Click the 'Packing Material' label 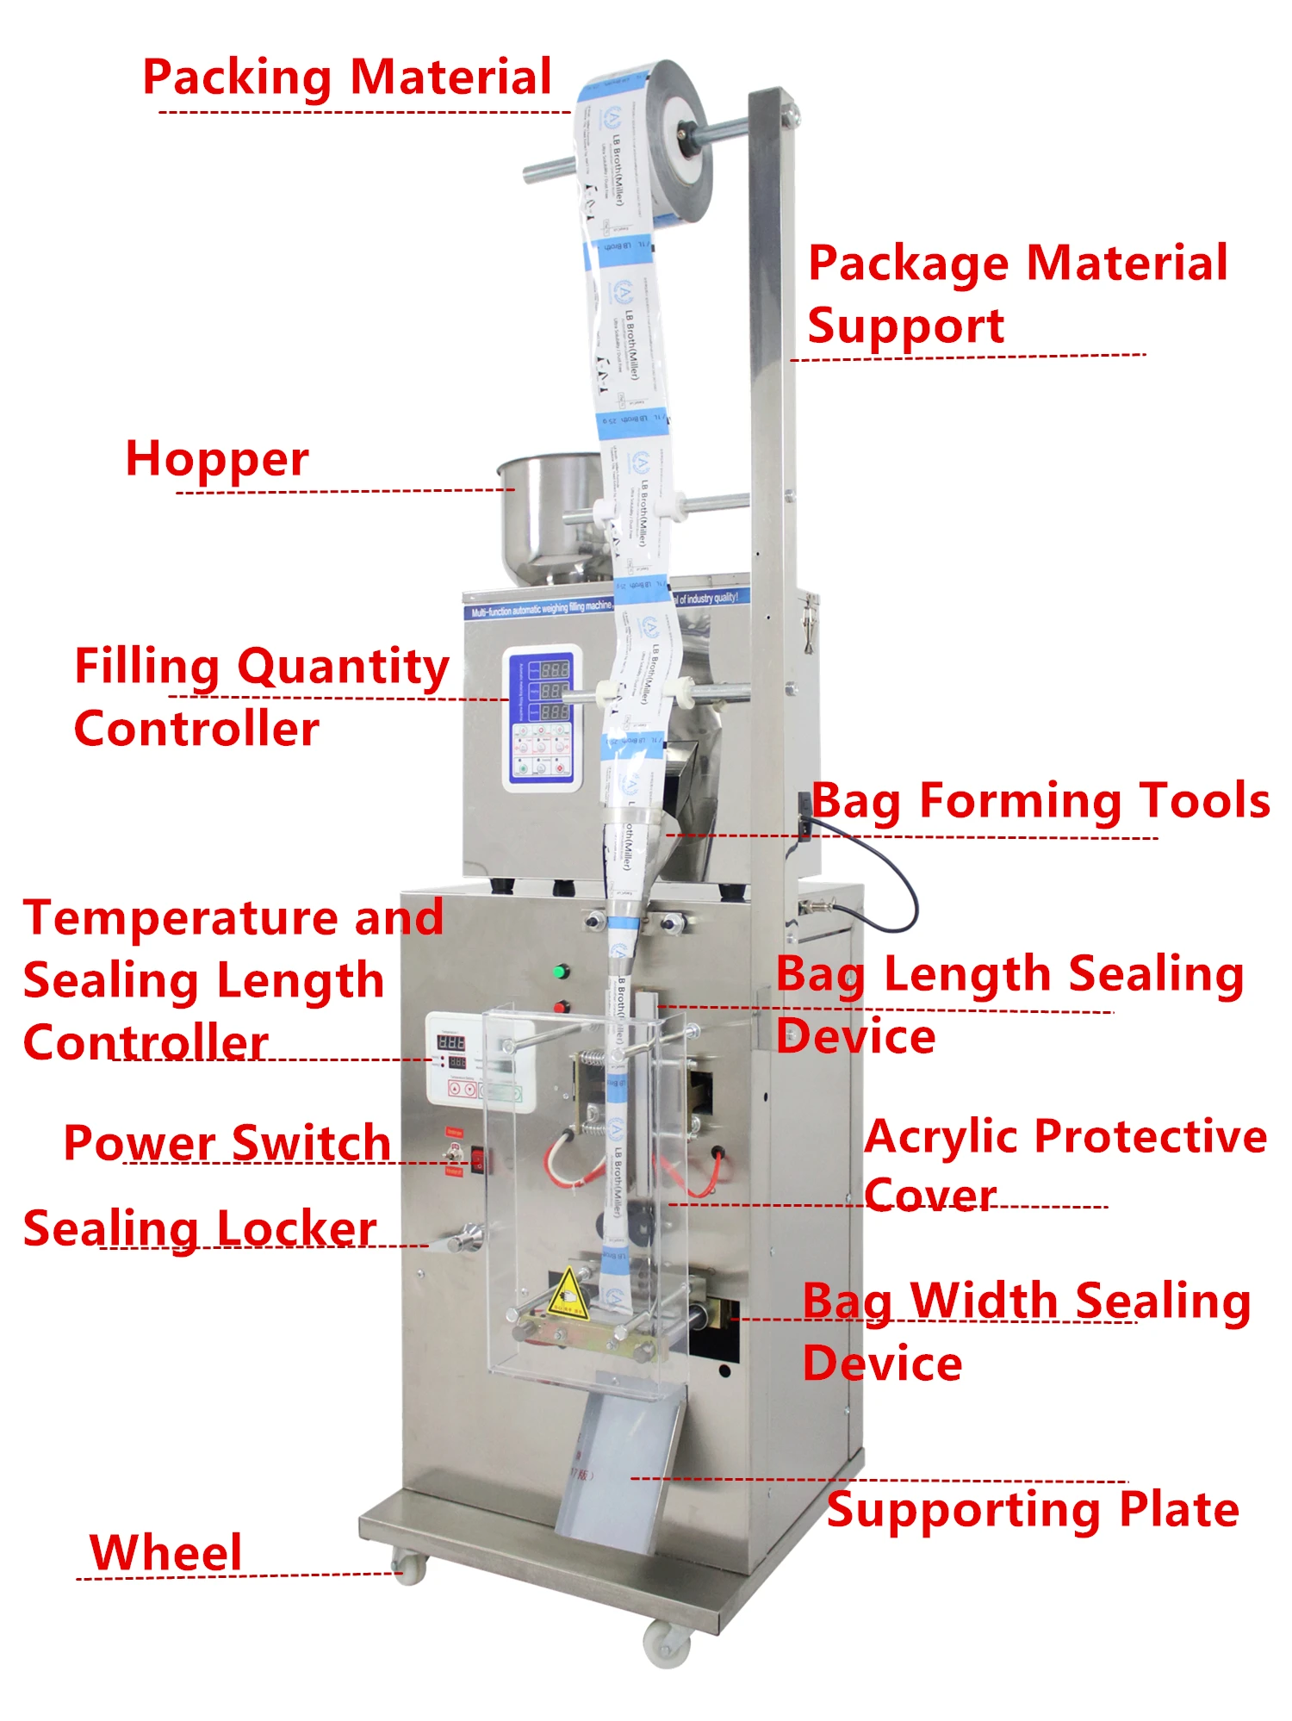[x=346, y=78]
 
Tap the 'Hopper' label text [x=217, y=459]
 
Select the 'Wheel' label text [x=165, y=1553]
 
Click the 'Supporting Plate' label [x=1033, y=1510]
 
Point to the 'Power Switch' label [x=227, y=1143]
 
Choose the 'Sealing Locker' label [x=200, y=1228]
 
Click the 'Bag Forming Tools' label [x=1040, y=801]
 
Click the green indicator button [x=560, y=972]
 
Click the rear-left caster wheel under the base [x=409, y=1565]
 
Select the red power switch [x=476, y=1159]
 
